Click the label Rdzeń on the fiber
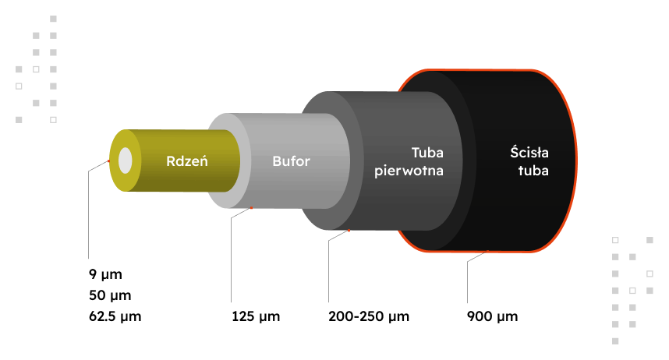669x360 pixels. (x=186, y=162)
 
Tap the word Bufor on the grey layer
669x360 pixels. (x=291, y=162)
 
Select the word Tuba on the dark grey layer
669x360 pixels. (x=427, y=154)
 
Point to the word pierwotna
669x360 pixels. (x=409, y=171)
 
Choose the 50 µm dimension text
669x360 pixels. (x=108, y=296)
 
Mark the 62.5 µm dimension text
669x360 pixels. (x=115, y=317)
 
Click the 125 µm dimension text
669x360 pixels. (x=255, y=317)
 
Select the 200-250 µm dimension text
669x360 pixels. (x=368, y=317)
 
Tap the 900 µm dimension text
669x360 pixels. (x=492, y=317)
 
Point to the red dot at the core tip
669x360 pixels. (x=109, y=161)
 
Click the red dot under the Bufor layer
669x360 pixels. (x=252, y=208)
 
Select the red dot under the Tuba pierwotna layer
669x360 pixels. (x=349, y=230)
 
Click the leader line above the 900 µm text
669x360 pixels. (x=467, y=281)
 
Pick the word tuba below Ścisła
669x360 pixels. (x=533, y=171)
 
